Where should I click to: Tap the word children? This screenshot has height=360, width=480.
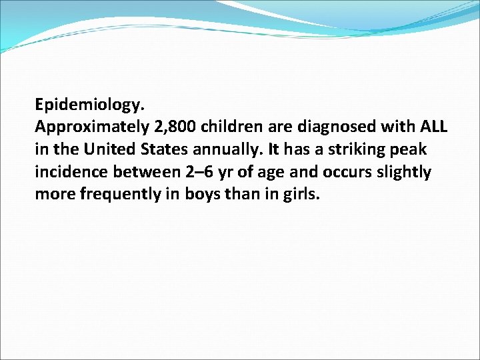[233, 127]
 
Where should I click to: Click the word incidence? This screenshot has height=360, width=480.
[70, 173]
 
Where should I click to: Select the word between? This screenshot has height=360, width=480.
[143, 173]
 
